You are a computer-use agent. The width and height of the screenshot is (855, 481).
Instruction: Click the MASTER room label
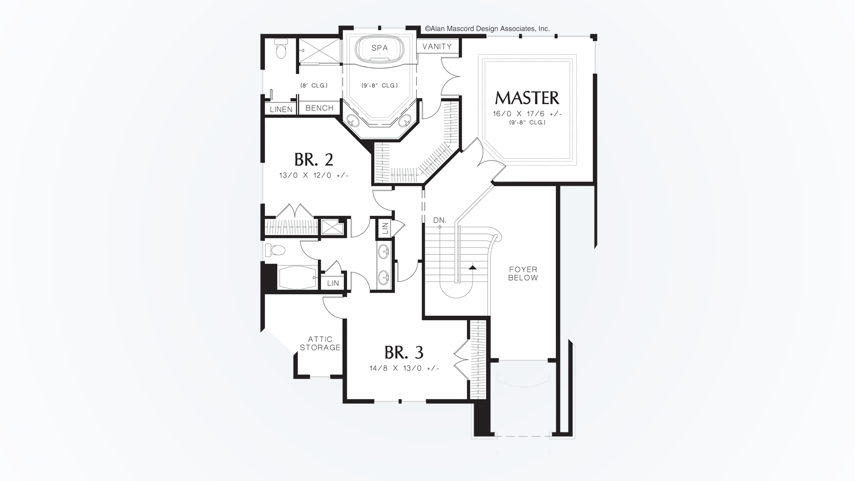tap(527, 98)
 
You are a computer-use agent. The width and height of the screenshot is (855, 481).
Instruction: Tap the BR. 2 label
tap(313, 159)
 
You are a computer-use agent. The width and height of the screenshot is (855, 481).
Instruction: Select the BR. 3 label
tap(404, 353)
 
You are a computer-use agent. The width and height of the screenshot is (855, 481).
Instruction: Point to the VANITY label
tap(437, 46)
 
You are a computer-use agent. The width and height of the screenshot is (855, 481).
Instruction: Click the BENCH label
tap(319, 108)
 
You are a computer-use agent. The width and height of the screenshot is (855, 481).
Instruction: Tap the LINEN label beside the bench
tap(281, 110)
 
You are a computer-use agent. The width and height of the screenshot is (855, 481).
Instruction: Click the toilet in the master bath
tap(281, 49)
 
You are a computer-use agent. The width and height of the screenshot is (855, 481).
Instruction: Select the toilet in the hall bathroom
tap(275, 250)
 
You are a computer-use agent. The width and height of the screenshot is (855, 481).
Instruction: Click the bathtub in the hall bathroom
tap(298, 277)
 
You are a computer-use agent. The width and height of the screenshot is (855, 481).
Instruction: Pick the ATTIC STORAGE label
tap(320, 343)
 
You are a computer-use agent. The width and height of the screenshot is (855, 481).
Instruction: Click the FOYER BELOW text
tap(523, 273)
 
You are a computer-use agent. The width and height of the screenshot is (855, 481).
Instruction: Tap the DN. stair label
tap(440, 220)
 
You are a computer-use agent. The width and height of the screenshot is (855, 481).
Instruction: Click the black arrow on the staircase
tap(472, 267)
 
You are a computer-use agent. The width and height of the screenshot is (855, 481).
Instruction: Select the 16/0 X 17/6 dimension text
tap(527, 114)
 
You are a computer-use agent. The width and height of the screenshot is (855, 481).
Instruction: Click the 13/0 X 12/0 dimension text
tap(314, 175)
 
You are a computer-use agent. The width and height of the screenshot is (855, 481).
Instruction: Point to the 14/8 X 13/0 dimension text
tap(404, 368)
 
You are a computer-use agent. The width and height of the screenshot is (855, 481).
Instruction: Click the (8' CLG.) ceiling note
tap(314, 86)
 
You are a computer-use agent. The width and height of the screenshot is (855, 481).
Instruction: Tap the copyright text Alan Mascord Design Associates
tap(487, 29)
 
